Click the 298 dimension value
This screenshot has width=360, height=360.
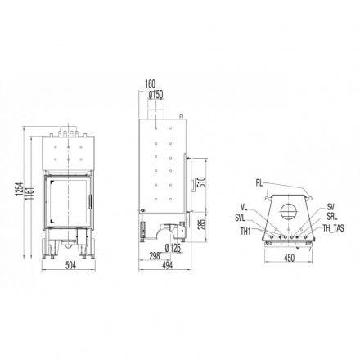(152, 254)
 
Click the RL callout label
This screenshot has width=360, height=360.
(259, 183)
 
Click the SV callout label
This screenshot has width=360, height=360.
(330, 207)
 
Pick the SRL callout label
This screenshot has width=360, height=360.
(331, 217)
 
